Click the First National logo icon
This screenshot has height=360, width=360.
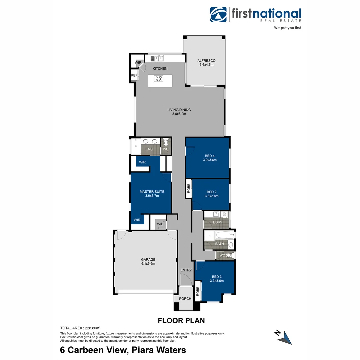[218, 15]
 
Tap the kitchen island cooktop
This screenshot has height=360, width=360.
[159, 79]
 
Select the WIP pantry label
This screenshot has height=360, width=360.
[138, 63]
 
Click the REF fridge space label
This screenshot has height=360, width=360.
[134, 76]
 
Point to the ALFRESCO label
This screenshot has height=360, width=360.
[206, 61]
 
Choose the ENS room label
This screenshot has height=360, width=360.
[149, 149]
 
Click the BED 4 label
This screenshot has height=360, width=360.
[210, 155]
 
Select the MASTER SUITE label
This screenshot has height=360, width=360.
[152, 192]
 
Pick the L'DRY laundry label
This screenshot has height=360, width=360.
[218, 222]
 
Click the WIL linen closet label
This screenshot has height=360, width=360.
[160, 224]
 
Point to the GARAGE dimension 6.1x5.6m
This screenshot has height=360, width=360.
[148, 264]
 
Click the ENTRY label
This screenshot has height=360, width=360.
[186, 270]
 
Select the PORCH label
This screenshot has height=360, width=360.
[185, 299]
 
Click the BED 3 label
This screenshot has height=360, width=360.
[217, 277]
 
